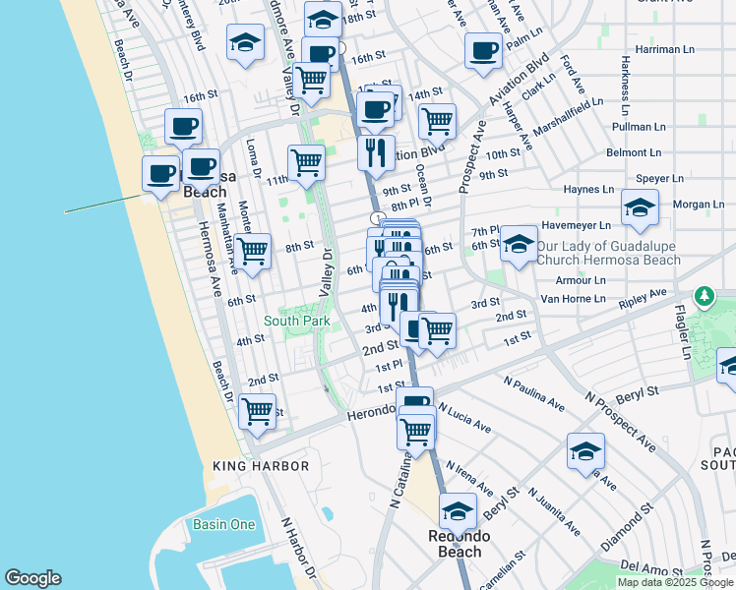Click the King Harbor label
[261, 466]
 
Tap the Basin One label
[223, 525]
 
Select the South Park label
[296, 321]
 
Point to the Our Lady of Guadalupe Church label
[608, 253]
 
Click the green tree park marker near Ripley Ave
[704, 296]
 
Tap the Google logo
[32, 578]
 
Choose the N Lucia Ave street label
[463, 417]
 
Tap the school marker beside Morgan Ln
[640, 207]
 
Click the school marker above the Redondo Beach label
[458, 511]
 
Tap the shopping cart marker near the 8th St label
[254, 250]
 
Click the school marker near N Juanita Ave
[585, 451]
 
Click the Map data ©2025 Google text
[676, 582]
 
